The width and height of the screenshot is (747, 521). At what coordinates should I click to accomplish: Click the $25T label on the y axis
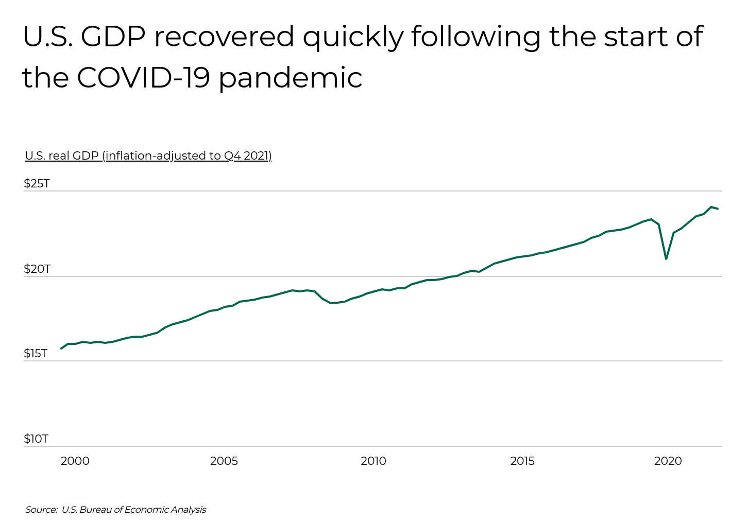(x=37, y=184)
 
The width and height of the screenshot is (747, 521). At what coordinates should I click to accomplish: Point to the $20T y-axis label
(x=37, y=269)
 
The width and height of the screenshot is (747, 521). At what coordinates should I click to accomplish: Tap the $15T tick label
(x=36, y=354)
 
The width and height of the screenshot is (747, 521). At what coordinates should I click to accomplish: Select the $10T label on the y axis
(x=36, y=439)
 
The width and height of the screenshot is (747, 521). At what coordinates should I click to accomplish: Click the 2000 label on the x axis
(x=75, y=461)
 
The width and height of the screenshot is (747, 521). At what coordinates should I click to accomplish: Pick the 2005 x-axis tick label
(x=224, y=461)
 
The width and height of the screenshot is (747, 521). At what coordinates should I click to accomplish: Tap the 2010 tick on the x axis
(x=373, y=461)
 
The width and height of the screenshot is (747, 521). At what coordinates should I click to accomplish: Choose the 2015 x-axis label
(x=522, y=461)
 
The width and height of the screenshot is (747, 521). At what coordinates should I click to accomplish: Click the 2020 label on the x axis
(x=668, y=461)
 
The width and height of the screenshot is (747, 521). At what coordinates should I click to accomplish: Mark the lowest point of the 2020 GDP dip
(x=666, y=258)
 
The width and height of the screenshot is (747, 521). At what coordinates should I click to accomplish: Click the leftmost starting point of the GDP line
(x=61, y=349)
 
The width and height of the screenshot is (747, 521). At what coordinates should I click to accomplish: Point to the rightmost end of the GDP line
(x=718, y=209)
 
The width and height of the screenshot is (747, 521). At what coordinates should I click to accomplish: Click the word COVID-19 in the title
(x=143, y=78)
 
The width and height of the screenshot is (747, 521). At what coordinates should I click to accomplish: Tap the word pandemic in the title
(x=291, y=78)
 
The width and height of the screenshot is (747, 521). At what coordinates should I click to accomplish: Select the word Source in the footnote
(x=41, y=510)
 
